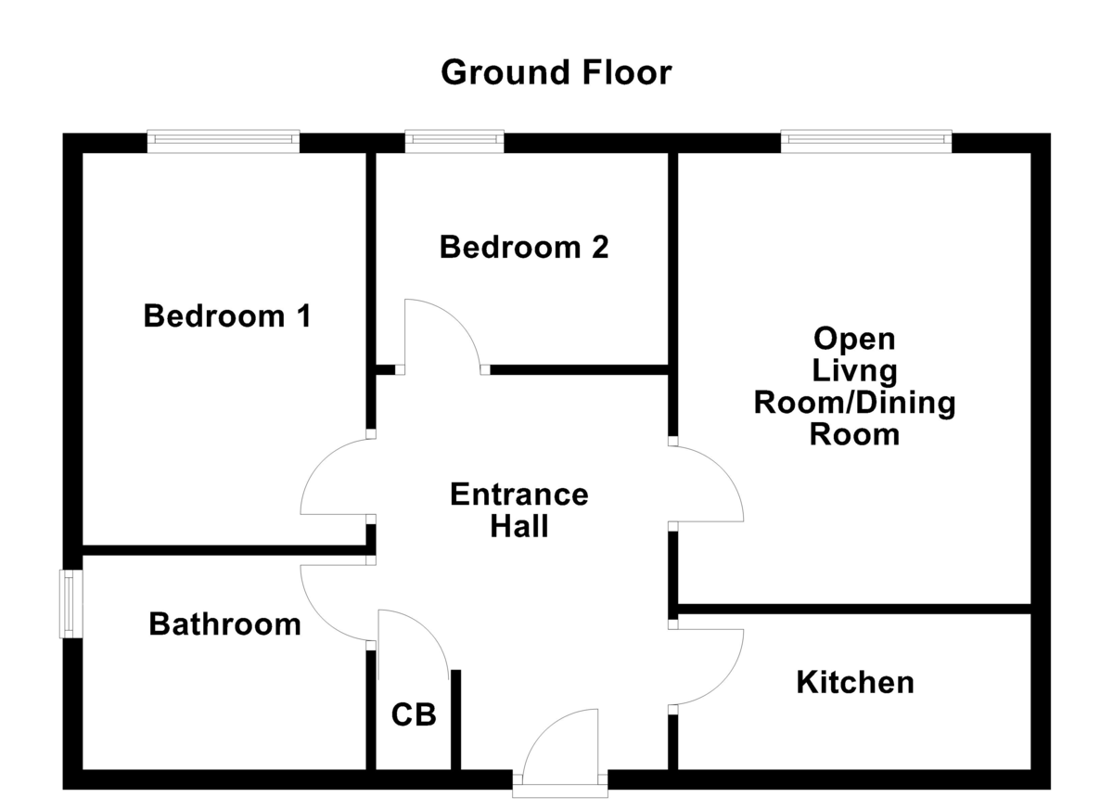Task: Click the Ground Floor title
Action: click(556, 71)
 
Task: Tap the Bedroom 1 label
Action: click(227, 316)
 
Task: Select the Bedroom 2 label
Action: click(524, 248)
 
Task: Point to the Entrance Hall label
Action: click(518, 510)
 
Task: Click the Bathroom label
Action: click(224, 624)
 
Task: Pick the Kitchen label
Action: click(854, 683)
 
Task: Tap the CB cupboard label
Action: click(413, 715)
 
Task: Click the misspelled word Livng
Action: click(854, 371)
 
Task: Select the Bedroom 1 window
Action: click(223, 141)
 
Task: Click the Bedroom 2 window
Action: click(454, 141)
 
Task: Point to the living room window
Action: click(866, 141)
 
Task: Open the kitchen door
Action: click(710, 666)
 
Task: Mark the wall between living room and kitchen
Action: click(853, 609)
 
